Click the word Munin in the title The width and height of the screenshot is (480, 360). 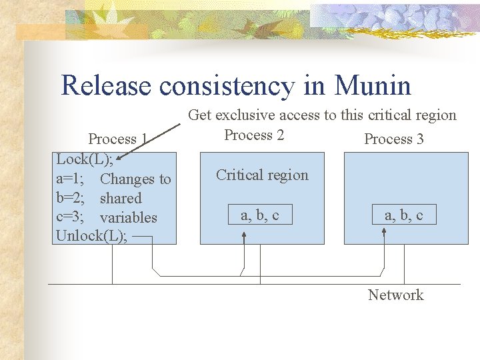(x=373, y=86)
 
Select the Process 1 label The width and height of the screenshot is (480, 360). (x=117, y=139)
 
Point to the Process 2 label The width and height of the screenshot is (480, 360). (x=254, y=135)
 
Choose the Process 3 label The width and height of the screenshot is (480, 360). (x=394, y=139)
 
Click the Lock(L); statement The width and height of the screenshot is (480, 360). (x=84, y=159)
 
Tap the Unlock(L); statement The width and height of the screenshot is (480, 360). (x=92, y=236)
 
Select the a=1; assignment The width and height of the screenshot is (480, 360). (x=70, y=179)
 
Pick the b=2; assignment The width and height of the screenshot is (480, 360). (x=70, y=198)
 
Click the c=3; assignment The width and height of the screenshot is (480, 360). (x=69, y=217)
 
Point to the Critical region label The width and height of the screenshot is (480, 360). (x=262, y=175)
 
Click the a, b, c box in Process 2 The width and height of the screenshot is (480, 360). (x=259, y=215)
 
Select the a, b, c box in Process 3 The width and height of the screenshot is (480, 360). (x=403, y=215)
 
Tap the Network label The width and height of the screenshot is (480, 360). (x=395, y=295)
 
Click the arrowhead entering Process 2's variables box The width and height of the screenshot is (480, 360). (x=244, y=228)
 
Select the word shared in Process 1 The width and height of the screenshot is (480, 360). (x=121, y=198)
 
